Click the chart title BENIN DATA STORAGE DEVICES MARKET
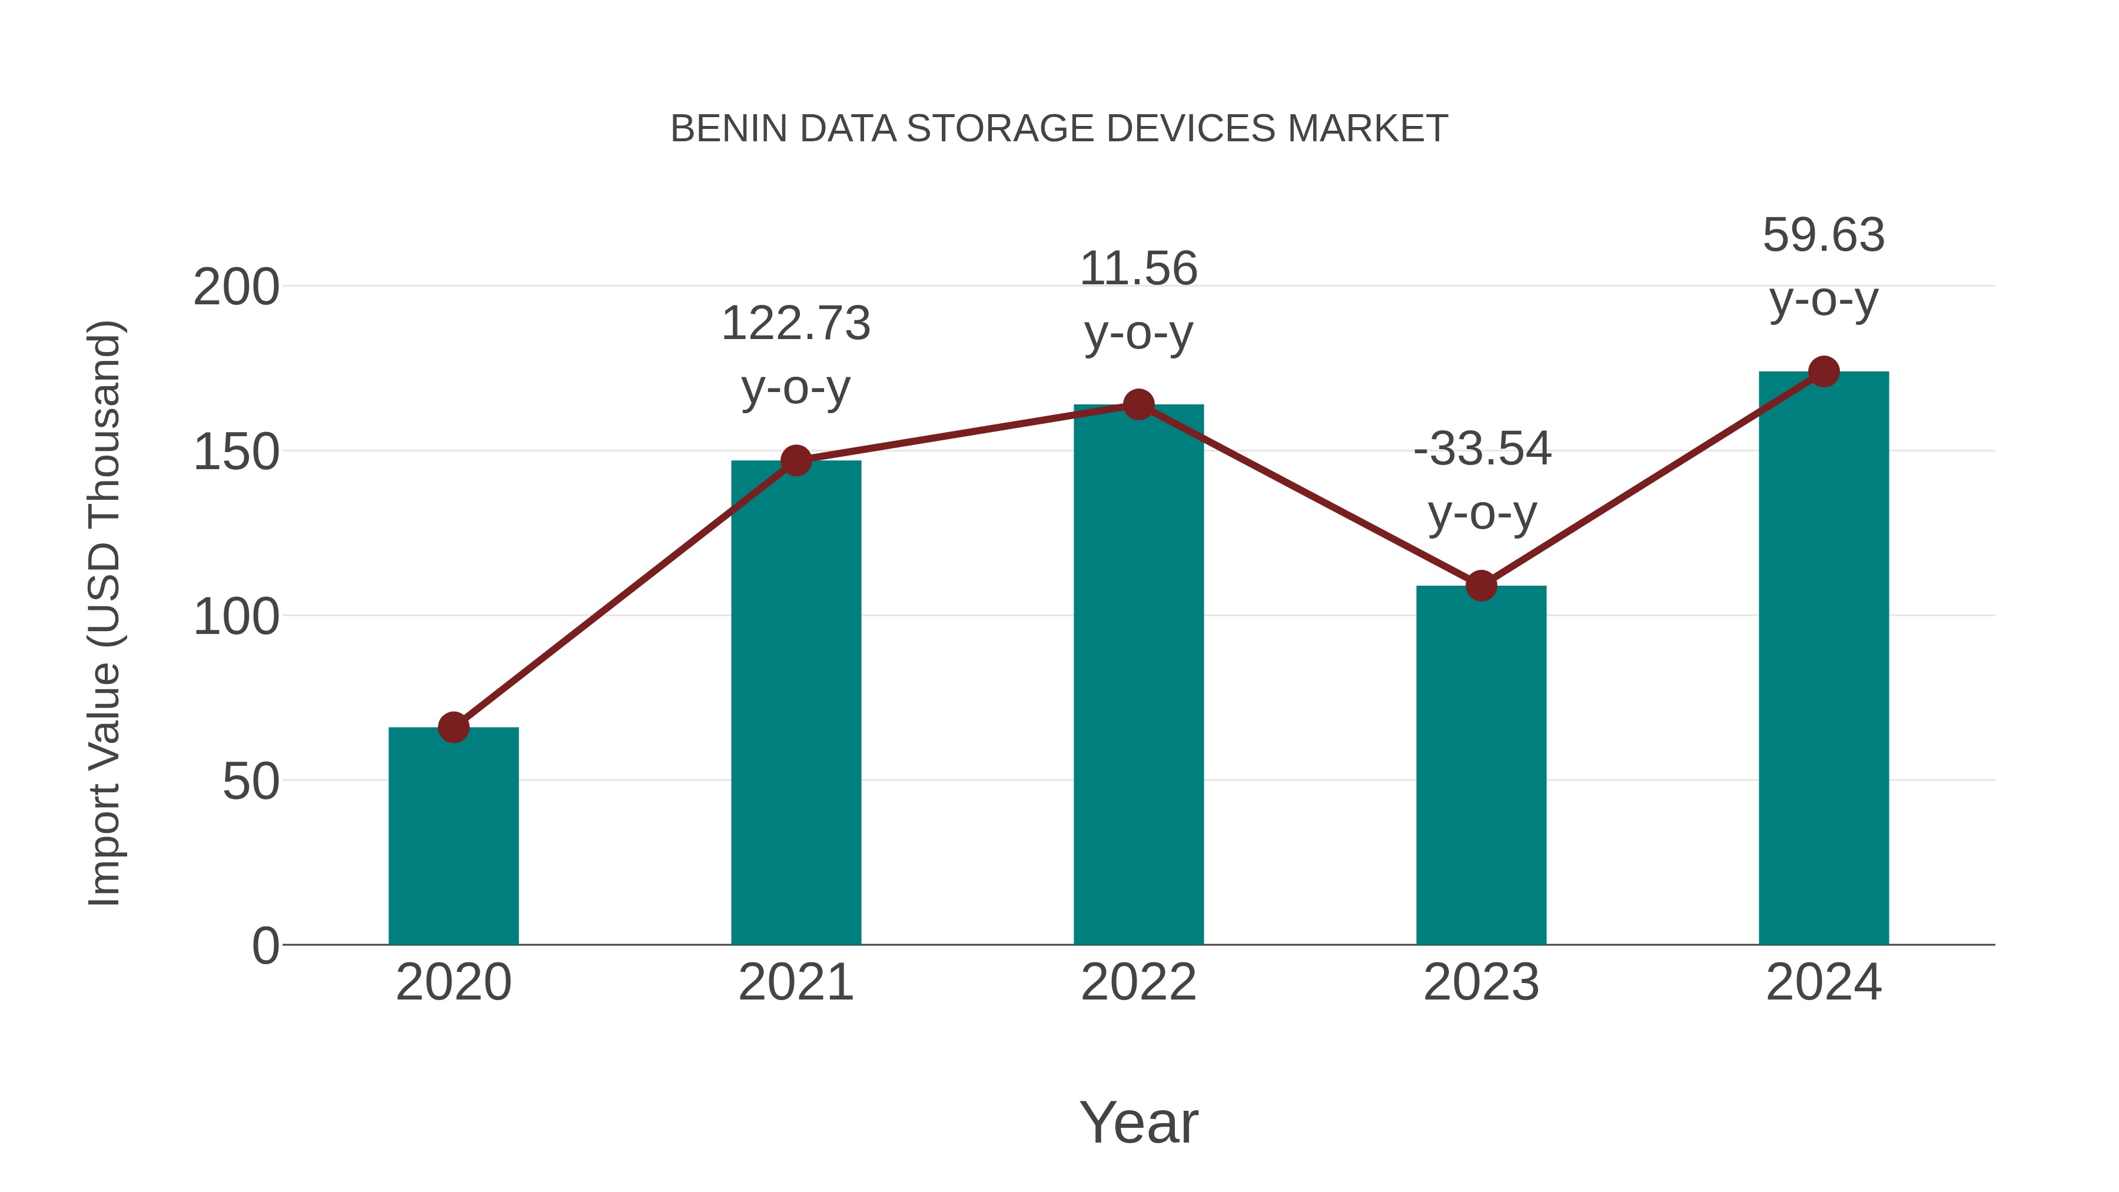pos(1059,129)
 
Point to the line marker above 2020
pos(453,727)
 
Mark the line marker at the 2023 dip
pos(1481,586)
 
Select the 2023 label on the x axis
pos(1481,982)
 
